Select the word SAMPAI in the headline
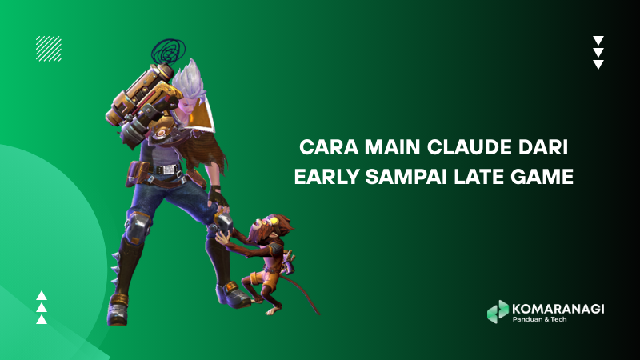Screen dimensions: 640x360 406,177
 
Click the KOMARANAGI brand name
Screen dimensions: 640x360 558,309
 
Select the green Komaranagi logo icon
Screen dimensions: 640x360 498,312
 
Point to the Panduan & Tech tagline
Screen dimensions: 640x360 539,319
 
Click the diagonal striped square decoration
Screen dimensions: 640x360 49,49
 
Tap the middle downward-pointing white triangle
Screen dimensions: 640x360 598,52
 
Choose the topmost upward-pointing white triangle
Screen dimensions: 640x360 42,295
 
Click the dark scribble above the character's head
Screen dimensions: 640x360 168,51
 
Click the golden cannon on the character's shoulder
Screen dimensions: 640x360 142,102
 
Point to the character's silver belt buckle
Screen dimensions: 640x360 167,169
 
